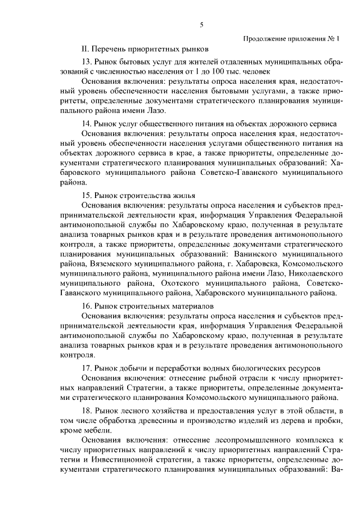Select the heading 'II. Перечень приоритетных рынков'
[x=145, y=49]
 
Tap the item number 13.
[x=87, y=61]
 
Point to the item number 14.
[x=87, y=124]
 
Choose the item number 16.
[x=87, y=306]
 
